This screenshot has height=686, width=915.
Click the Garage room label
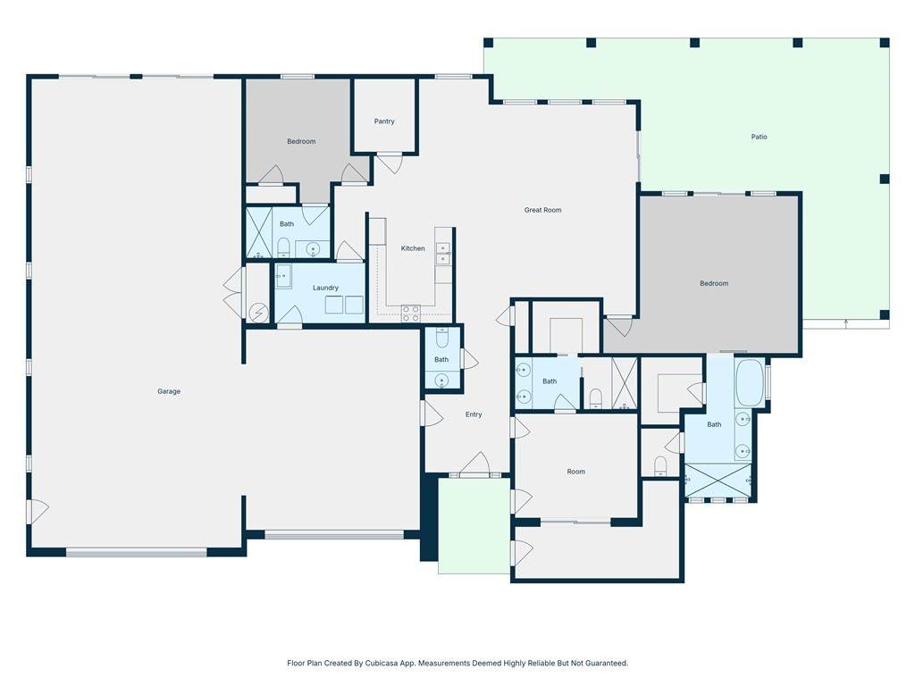[169, 391]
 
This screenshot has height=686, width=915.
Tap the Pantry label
[384, 121]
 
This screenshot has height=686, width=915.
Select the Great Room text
[542, 210]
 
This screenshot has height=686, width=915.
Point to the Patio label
[759, 137]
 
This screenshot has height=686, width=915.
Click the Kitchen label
[413, 248]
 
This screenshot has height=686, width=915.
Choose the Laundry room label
[325, 288]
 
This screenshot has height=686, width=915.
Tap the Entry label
[474, 414]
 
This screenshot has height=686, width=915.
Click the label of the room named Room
[575, 472]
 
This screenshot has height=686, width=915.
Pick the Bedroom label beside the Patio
[714, 283]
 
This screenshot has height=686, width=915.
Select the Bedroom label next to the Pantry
[301, 141]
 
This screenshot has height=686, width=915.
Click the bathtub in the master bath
[750, 382]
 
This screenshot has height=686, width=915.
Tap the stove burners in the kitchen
[410, 314]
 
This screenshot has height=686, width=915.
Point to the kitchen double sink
[443, 254]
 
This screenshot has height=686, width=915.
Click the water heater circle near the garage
[258, 314]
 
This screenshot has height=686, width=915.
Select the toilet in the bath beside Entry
[441, 338]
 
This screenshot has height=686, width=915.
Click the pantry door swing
[390, 163]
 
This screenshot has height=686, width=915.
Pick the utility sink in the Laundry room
[283, 276]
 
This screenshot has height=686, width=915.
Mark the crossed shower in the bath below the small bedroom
[259, 232]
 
